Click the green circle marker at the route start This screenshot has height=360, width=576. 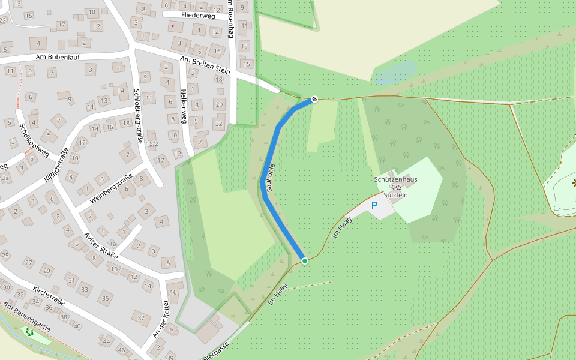pos(305,261)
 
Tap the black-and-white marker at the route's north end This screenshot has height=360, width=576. pos(314,99)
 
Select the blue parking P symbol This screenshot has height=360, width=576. pos(374,205)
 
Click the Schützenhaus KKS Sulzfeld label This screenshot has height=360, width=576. pos(395,186)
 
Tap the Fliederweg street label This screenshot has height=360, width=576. pos(197,15)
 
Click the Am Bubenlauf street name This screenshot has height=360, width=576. pos(58,57)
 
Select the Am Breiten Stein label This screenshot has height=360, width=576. pos(205,65)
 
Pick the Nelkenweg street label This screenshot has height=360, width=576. pos(184,107)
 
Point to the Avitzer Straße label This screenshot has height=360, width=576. pos(101,244)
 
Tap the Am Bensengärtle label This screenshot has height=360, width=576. pos(27,318)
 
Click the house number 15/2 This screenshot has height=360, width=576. pos(152,144)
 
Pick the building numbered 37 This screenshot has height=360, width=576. pos(142,318)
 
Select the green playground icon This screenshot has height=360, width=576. pos(28,331)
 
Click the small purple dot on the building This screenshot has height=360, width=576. pos(173,26)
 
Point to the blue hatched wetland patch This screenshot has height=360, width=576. pos(395,72)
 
